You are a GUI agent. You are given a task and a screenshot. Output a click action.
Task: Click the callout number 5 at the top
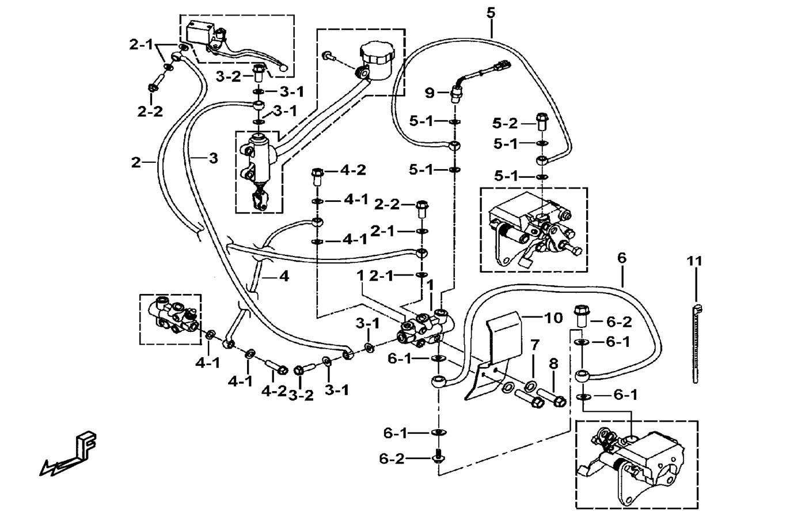click(x=490, y=13)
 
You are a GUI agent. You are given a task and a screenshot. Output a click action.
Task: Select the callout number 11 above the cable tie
click(x=694, y=262)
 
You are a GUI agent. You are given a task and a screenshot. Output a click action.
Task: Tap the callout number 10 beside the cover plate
click(x=553, y=318)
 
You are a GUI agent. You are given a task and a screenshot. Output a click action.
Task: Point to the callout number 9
click(x=429, y=92)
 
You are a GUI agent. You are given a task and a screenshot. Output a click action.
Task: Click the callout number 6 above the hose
click(x=621, y=258)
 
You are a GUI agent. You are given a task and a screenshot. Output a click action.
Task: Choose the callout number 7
click(x=535, y=346)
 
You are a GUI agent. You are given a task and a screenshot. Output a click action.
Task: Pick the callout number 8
click(x=553, y=364)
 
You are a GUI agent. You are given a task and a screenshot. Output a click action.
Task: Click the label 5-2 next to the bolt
click(x=505, y=123)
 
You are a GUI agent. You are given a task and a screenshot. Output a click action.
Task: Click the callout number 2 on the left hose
click(x=136, y=163)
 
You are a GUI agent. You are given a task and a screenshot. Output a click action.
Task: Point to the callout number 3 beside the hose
click(x=213, y=158)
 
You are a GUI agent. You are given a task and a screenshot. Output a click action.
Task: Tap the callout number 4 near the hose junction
click(x=283, y=277)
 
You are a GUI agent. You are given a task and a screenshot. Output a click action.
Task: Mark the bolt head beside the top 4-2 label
click(x=317, y=173)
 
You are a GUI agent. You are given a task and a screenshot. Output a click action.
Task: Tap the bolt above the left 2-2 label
click(x=153, y=89)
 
